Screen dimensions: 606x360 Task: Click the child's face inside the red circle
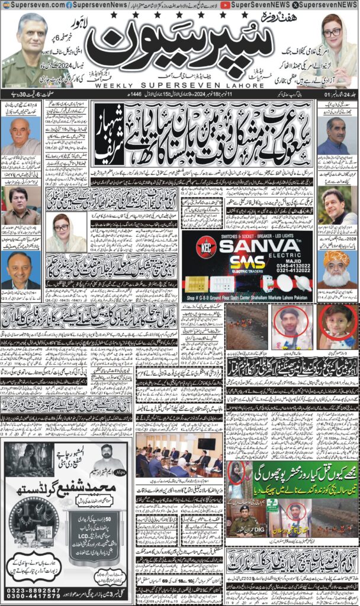(337, 326)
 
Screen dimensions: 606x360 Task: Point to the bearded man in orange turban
(337, 266)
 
